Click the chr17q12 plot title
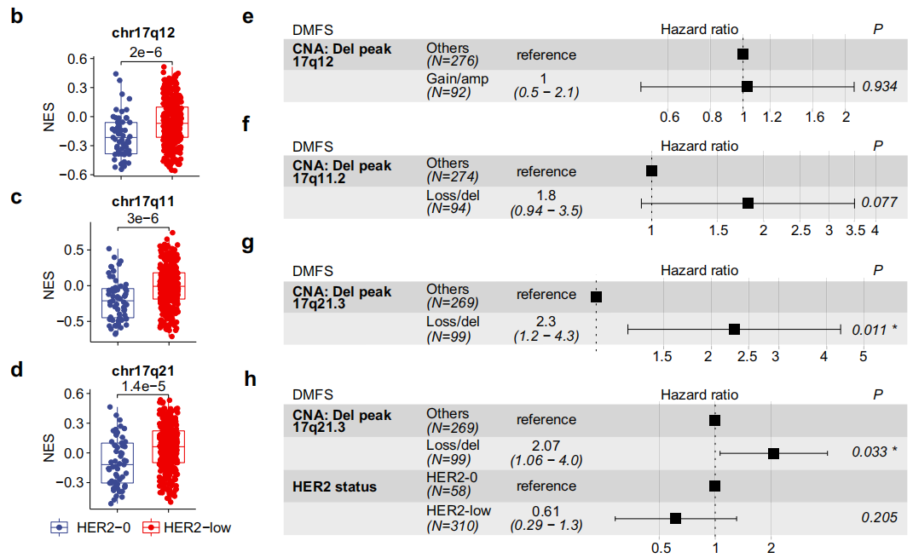pyautogui.click(x=144, y=35)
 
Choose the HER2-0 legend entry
pyautogui.click(x=88, y=527)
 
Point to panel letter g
pyautogui.click(x=248, y=244)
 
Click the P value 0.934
pyautogui.click(x=879, y=86)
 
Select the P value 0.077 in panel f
pyautogui.click(x=879, y=203)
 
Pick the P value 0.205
pyautogui.click(x=879, y=517)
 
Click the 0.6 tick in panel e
pyautogui.click(x=669, y=117)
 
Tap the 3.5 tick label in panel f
pyautogui.click(x=855, y=231)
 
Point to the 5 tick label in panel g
pyautogui.click(x=863, y=356)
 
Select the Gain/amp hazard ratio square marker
pyautogui.click(x=747, y=86)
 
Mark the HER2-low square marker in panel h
pyautogui.click(x=675, y=517)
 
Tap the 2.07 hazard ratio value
pyautogui.click(x=546, y=446)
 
